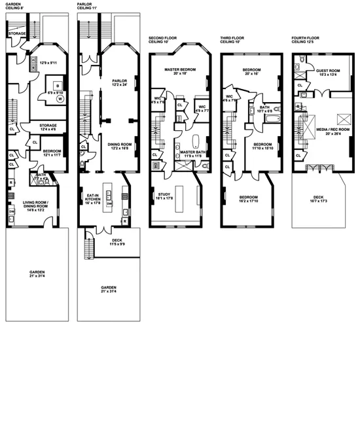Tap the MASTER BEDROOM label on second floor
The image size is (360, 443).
(180, 70)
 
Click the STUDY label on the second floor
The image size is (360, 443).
(164, 194)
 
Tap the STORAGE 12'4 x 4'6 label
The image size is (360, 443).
(47, 126)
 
